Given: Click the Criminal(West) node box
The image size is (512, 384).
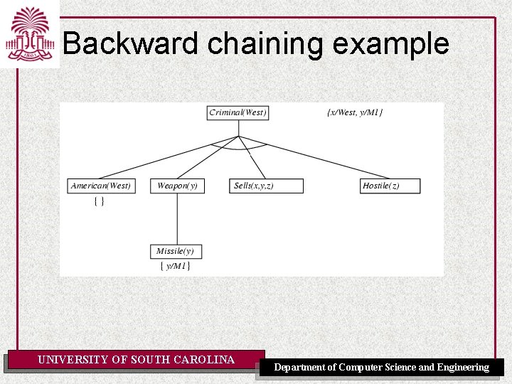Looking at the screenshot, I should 238,112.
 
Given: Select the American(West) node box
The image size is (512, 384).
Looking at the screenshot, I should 100,186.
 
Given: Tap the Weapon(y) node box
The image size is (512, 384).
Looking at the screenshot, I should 177,186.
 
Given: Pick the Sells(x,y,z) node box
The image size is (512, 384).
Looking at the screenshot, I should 267,186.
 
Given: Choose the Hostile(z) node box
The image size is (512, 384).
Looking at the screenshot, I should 390,186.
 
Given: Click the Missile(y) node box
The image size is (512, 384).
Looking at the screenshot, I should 176,251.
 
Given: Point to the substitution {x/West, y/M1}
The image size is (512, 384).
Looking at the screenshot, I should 355,112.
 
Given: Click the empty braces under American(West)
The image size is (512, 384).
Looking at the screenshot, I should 100,202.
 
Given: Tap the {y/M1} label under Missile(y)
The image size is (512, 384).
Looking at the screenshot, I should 175,266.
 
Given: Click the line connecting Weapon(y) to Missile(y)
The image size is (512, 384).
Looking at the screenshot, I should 176,218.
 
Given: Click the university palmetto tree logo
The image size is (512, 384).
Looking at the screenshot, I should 29,33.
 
